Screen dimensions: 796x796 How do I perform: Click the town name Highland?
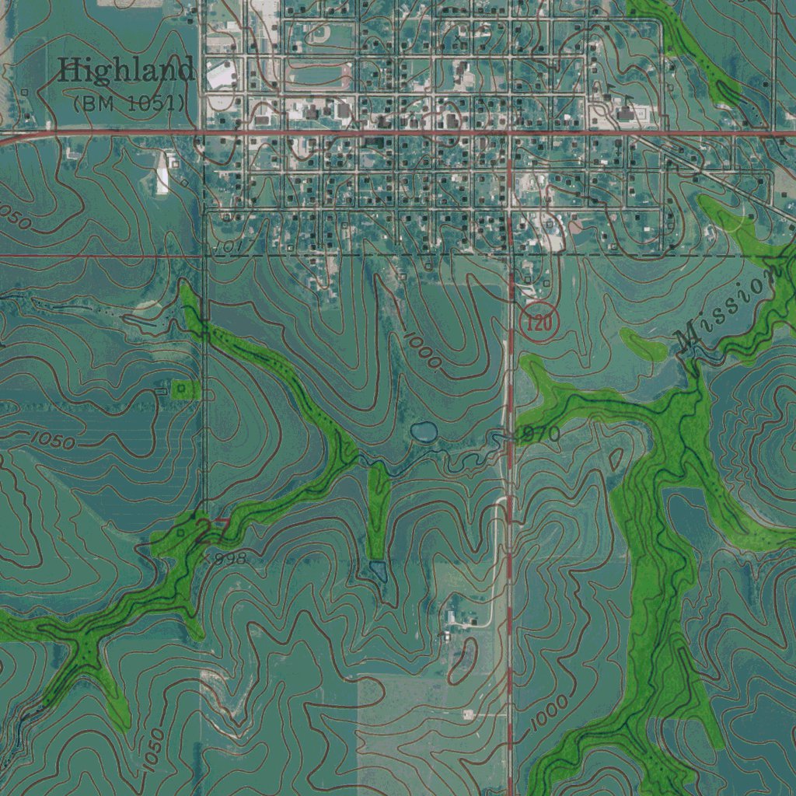point(127,72)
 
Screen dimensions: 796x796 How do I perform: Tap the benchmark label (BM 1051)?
point(129,102)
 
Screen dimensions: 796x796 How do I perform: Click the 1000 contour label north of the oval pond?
point(423,350)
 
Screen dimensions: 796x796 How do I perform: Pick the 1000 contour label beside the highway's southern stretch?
point(550,715)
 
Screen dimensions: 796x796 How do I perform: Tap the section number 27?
point(208,532)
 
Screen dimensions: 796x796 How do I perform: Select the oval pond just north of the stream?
point(424,431)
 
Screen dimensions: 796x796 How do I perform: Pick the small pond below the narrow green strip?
point(379,571)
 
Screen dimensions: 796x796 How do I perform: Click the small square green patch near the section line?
point(181,388)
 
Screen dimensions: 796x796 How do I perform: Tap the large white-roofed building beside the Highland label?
point(222,76)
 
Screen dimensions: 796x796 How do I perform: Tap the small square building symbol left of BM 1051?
point(24,93)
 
